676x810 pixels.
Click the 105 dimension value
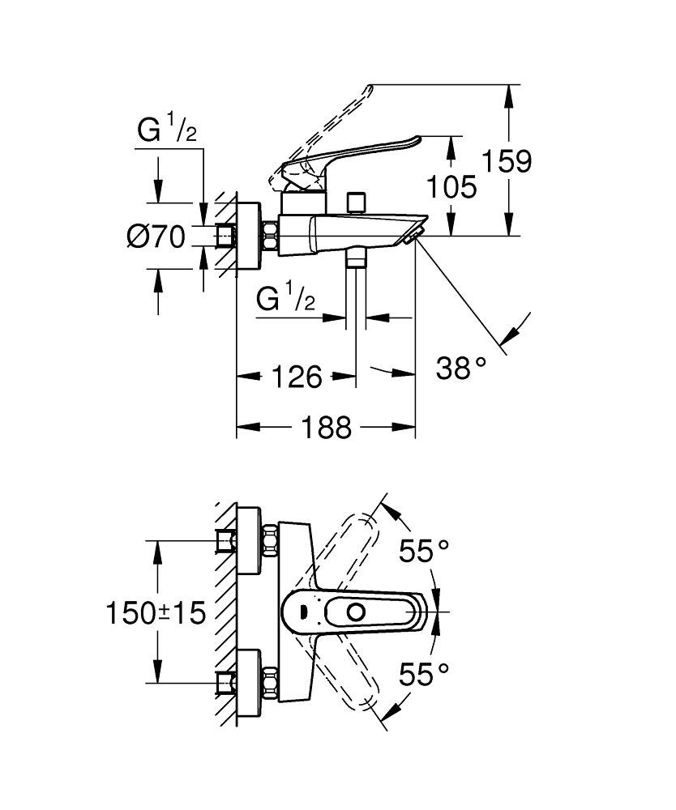(451, 186)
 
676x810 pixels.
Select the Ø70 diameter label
(156, 237)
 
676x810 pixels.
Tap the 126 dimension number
(297, 377)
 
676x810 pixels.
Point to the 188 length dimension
(326, 428)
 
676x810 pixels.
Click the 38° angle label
(461, 369)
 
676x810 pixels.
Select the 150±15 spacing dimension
(156, 613)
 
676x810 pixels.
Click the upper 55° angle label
(424, 551)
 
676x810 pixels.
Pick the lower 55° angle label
(424, 675)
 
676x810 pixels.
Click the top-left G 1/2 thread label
(167, 130)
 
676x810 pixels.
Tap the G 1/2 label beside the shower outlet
(286, 298)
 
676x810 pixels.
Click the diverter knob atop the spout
(356, 203)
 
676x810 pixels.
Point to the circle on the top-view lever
(356, 612)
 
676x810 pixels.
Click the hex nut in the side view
(270, 237)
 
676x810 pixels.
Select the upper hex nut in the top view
(270, 541)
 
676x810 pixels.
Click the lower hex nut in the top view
(270, 684)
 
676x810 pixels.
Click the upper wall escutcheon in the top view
(249, 541)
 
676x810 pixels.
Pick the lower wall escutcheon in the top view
(249, 684)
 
